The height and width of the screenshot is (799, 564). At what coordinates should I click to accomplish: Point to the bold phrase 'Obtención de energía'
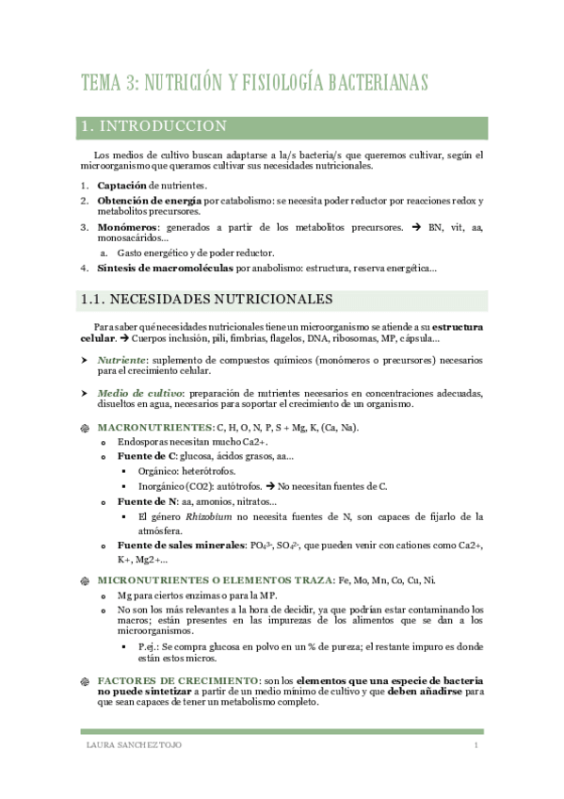(x=149, y=201)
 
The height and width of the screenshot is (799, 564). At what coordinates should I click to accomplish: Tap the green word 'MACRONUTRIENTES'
(x=154, y=427)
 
